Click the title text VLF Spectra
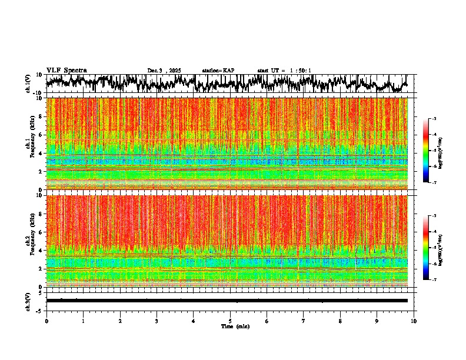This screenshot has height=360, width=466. pyautogui.click(x=66, y=70)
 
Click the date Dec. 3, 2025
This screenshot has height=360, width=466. pyautogui.click(x=164, y=71)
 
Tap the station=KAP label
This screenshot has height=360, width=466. pyautogui.click(x=218, y=71)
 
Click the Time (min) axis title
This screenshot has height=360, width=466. pyautogui.click(x=235, y=326)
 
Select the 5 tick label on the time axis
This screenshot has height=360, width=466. pyautogui.click(x=230, y=321)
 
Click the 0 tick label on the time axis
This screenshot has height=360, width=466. pyautogui.click(x=46, y=321)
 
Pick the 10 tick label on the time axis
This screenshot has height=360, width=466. pyautogui.click(x=414, y=321)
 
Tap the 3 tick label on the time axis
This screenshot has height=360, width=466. pyautogui.click(x=157, y=321)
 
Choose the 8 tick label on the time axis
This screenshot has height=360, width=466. pyautogui.click(x=340, y=321)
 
